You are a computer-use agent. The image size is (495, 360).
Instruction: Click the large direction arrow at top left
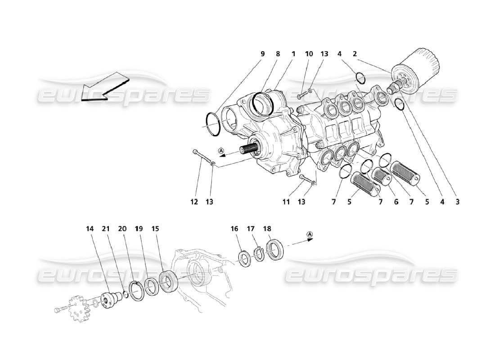point(104,87)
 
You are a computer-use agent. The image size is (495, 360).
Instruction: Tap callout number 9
point(262,54)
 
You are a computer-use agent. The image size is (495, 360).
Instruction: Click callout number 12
point(194,202)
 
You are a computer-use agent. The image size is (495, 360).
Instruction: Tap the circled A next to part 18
point(310,234)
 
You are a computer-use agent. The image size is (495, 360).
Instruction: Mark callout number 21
point(105,229)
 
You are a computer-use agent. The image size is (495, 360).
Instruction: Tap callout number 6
point(396,202)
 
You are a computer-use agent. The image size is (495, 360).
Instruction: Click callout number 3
point(457,202)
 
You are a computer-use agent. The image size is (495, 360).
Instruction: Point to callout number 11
point(286,202)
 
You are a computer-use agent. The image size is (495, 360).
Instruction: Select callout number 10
point(309,54)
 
